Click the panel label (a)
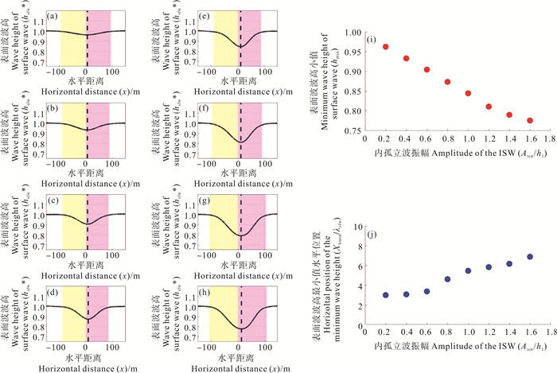[x=51, y=15]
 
